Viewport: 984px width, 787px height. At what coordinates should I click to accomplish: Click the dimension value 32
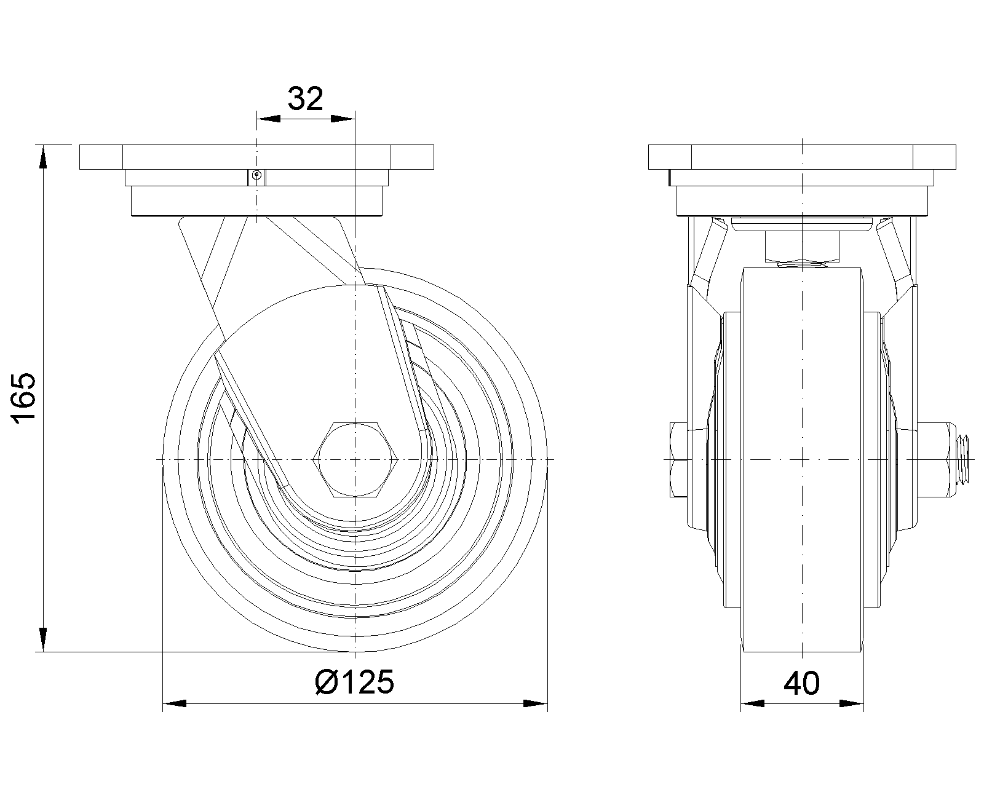pos(305,98)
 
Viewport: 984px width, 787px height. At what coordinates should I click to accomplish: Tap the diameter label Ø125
pos(354,682)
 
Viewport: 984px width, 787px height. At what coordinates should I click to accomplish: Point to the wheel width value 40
pos(801,684)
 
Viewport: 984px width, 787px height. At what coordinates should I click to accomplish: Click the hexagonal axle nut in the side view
pos(355,459)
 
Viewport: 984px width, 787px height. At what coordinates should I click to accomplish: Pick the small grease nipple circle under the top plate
pos(257,174)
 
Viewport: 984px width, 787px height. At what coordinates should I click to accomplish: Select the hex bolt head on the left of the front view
pos(680,459)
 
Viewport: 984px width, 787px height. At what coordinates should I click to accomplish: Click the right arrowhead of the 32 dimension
pos(343,119)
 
